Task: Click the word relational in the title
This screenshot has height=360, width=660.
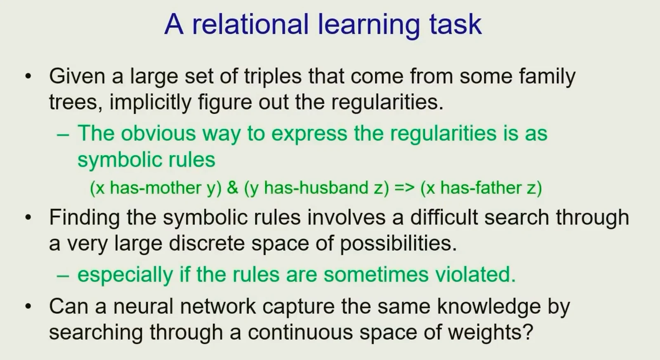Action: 250,24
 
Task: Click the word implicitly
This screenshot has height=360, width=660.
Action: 150,103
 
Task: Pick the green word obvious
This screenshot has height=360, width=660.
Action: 158,133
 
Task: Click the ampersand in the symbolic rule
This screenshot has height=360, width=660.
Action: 233,188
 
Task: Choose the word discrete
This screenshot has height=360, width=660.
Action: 207,243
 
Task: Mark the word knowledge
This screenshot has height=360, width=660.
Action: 489,307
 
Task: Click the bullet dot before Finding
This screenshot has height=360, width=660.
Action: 28,218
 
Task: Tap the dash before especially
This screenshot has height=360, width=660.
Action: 63,276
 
